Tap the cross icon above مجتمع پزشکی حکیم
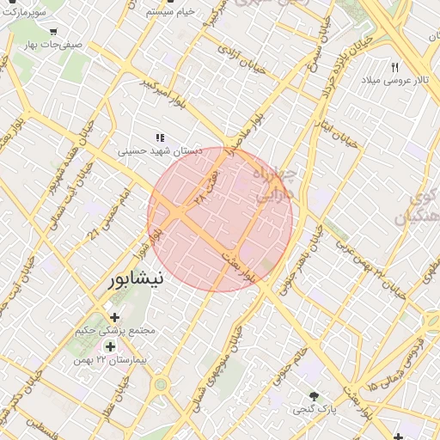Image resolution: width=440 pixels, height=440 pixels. click(114, 318)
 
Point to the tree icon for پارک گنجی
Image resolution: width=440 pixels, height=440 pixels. click(314, 396)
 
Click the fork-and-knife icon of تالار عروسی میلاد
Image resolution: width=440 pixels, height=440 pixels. click(395, 67)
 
